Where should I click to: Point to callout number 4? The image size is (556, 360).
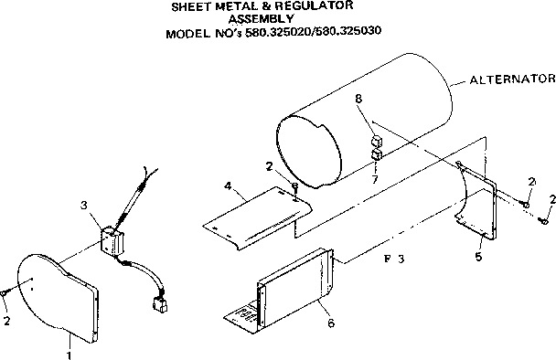click(x=226, y=185)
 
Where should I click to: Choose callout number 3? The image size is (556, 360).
click(x=84, y=205)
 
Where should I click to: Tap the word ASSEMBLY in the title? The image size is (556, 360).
click(x=261, y=18)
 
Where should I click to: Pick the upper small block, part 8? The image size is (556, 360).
click(x=375, y=142)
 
